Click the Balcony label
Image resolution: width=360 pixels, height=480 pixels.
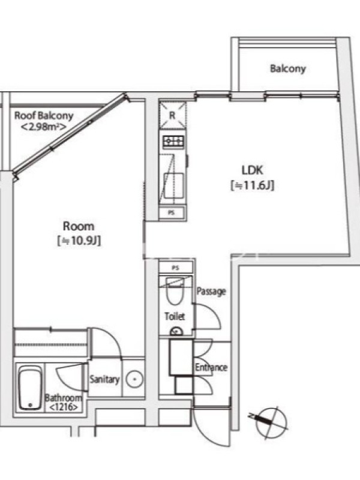coord(288,68)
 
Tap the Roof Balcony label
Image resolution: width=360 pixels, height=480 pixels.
coord(44,116)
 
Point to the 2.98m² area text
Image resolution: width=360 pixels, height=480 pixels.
coord(43,127)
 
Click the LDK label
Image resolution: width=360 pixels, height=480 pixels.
coord(252,170)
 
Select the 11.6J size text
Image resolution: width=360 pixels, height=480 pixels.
coord(252,185)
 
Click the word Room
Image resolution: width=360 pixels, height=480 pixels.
coord(79,226)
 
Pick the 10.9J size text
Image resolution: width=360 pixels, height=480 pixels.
coord(79,241)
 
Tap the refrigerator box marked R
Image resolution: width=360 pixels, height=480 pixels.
coord(172,115)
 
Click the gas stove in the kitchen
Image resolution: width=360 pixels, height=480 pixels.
coord(173,141)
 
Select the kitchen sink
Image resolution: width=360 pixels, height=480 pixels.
coord(173,186)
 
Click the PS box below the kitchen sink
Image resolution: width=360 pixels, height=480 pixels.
coord(172,212)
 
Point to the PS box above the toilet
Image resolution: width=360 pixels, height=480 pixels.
coord(175,268)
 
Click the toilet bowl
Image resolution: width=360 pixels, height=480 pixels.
coord(175,292)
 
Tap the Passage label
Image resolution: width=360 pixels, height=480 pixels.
coord(211,291)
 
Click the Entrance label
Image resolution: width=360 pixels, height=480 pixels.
coord(211,367)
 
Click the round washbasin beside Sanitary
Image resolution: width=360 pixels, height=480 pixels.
coord(134,380)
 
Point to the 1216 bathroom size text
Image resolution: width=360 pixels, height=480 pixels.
coord(64,407)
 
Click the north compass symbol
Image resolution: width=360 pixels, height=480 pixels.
coord(269,422)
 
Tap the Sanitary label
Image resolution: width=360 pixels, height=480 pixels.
coord(104,380)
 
